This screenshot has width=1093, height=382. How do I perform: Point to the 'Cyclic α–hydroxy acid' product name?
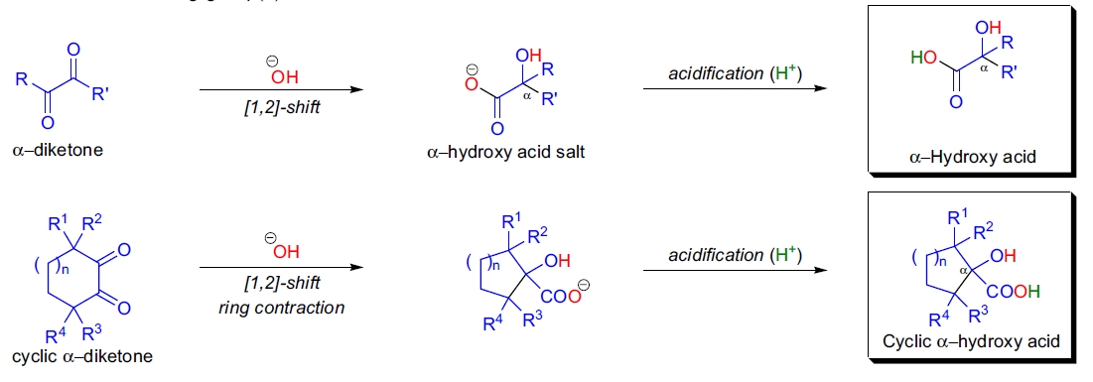972,341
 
